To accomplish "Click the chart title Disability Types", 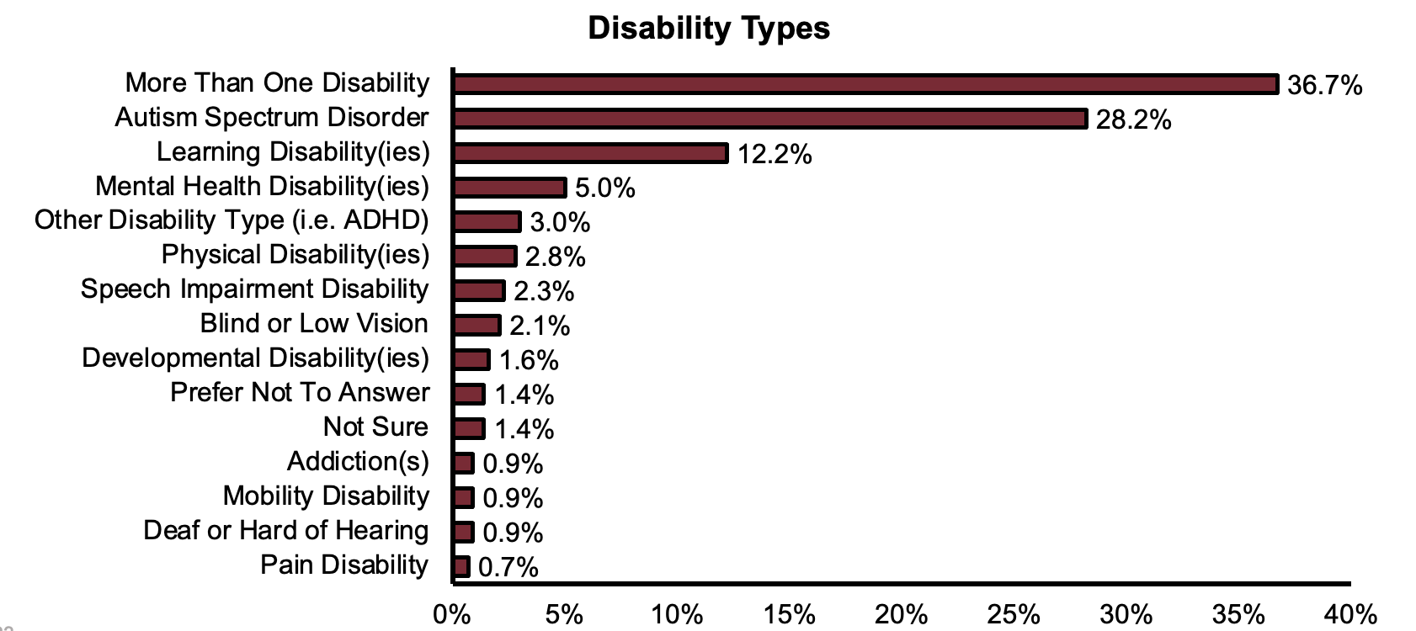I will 708,28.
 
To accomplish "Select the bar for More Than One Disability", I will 865,84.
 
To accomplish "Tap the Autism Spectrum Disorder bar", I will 769,119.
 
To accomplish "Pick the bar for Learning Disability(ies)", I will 589,153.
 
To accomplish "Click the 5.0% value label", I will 604,188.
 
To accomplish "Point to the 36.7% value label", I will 1324,85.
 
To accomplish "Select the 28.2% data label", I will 1133,119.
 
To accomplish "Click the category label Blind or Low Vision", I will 314,324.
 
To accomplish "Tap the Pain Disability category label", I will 343,565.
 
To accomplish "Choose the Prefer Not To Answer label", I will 299,393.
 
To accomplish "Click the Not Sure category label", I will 375,427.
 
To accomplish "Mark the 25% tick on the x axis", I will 1014,614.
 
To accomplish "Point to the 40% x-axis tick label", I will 1350,614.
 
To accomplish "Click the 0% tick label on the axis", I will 451,614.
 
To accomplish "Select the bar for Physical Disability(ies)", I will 484,257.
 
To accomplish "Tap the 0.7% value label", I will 508,567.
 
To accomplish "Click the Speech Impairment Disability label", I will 254,289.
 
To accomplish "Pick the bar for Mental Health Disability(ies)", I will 508,188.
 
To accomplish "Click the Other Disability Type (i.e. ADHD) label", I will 232,220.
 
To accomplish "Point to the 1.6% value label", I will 529,360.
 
